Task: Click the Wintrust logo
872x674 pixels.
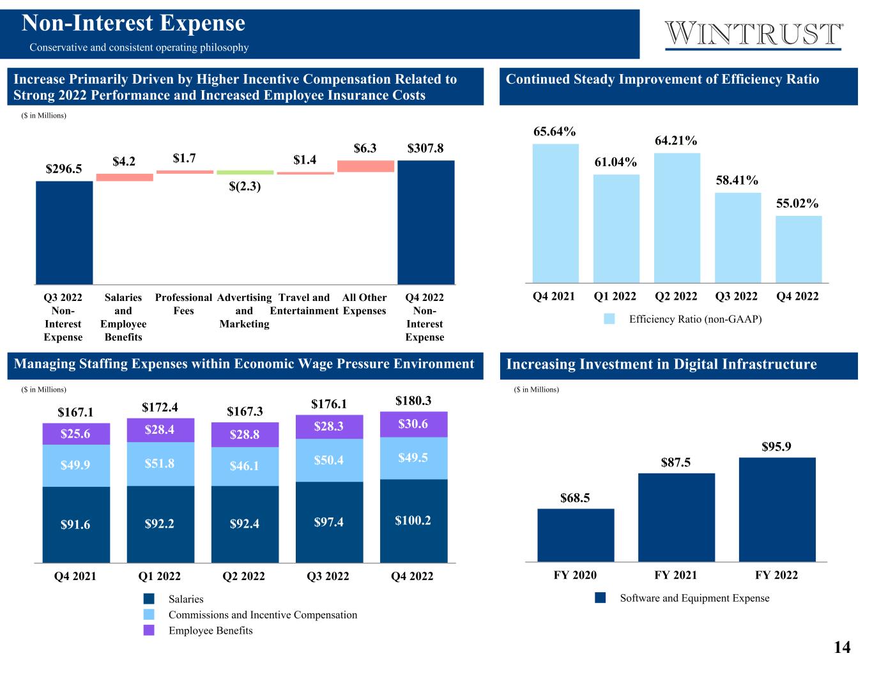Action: coord(754,34)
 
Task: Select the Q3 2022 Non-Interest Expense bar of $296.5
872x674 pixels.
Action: coord(64,233)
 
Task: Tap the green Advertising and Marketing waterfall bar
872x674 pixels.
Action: coord(245,172)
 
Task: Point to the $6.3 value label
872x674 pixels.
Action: coord(365,148)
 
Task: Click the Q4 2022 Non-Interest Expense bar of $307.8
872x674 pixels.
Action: coord(425,222)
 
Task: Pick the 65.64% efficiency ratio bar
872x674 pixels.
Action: coord(555,213)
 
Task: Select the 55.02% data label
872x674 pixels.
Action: coord(797,203)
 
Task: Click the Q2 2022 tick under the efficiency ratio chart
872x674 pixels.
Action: coord(676,296)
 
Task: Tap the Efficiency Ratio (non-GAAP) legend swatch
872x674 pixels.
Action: coord(609,319)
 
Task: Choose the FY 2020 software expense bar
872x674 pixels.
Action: coord(576,535)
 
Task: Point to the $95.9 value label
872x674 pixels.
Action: coord(776,447)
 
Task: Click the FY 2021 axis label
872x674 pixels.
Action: coord(676,575)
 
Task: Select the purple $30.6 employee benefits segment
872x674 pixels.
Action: coord(413,424)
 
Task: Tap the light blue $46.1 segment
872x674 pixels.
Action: coord(245,466)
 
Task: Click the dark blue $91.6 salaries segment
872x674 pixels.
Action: coord(76,525)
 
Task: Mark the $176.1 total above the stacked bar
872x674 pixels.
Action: coord(329,404)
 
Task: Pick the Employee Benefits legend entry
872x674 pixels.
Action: coord(210,631)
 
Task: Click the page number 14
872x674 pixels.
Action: coord(842,647)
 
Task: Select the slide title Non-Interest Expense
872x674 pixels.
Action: coord(134,24)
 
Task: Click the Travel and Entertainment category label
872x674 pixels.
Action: coord(304,304)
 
